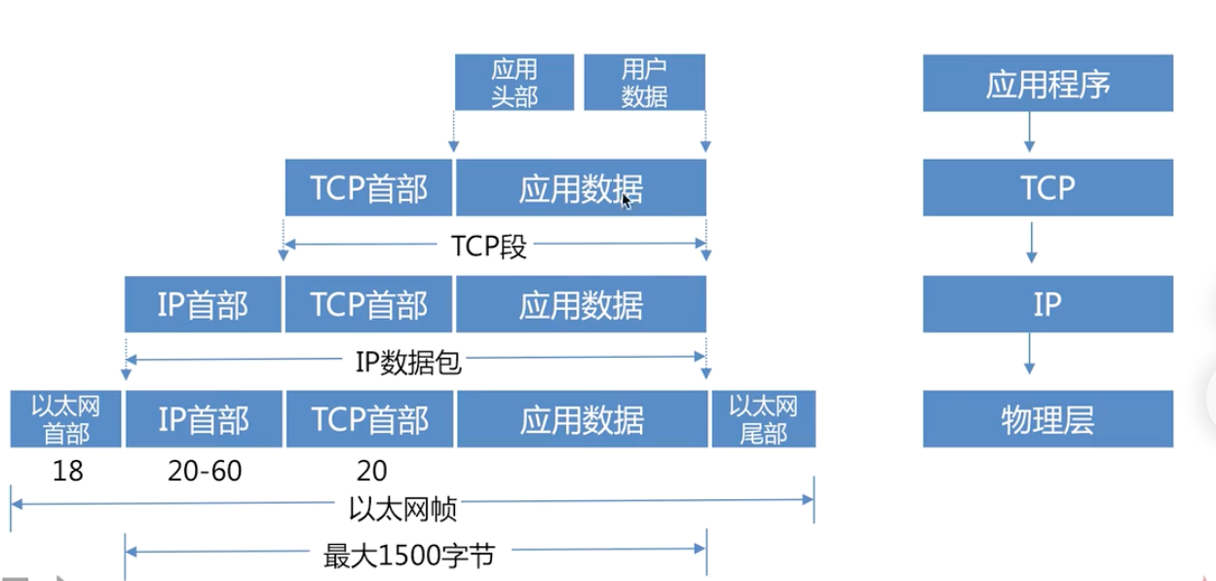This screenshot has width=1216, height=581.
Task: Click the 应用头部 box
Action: point(514,83)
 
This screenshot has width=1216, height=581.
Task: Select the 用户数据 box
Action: point(644,83)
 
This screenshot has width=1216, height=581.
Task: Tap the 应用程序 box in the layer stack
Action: point(1047,84)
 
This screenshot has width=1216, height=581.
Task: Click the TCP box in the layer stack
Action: point(1047,188)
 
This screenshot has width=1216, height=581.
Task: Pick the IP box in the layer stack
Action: point(1047,304)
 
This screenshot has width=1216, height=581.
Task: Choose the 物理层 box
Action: point(1047,420)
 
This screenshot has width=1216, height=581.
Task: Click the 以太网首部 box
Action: point(66,419)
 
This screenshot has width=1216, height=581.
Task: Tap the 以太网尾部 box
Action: point(763,419)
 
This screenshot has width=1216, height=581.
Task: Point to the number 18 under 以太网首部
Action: point(67,472)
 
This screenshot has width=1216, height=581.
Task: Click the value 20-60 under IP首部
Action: point(205,472)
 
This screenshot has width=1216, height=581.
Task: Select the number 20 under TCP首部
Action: point(371,472)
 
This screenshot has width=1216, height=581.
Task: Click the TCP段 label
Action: point(489,246)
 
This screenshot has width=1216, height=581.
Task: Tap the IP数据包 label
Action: point(407,363)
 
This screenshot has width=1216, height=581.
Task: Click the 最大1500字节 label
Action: point(409,557)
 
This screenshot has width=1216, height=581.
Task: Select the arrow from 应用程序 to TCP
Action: point(1030,131)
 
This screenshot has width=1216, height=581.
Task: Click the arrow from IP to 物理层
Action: point(1030,355)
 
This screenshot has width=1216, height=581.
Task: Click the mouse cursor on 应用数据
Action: point(626,200)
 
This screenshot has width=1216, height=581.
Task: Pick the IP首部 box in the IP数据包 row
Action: point(203,305)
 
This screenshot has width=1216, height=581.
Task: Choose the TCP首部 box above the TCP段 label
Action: point(369,188)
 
